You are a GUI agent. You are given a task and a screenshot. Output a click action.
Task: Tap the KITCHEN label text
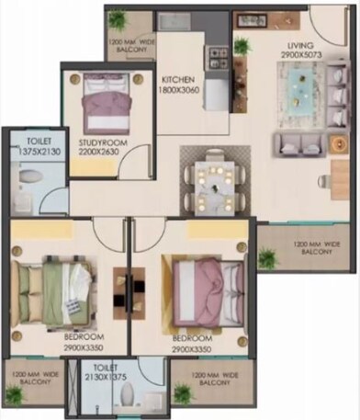[180, 80]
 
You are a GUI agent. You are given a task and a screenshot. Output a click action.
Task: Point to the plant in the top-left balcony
[118, 19]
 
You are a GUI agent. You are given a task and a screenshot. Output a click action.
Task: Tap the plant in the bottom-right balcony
[183, 392]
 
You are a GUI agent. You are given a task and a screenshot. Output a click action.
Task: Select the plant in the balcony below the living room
[267, 258]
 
